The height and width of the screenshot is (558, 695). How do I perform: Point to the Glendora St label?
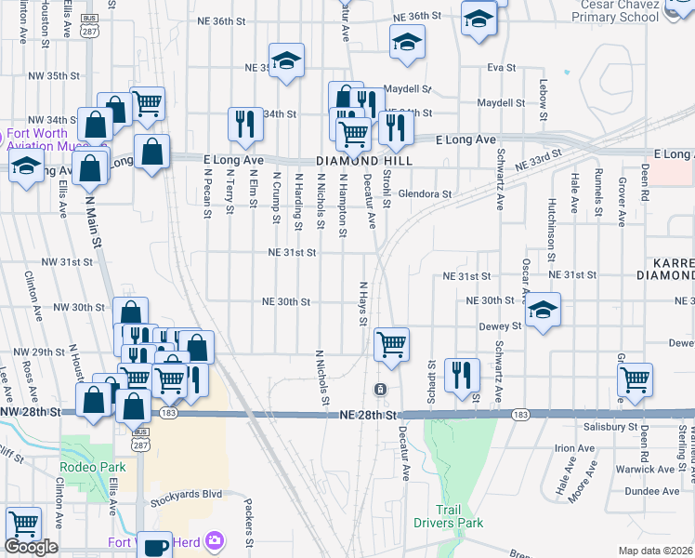(425, 194)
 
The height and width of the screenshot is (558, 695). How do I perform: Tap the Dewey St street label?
(502, 326)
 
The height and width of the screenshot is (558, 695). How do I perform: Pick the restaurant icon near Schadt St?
(462, 374)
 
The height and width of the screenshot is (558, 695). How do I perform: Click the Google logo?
(31, 547)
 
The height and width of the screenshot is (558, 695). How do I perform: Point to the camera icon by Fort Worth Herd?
(216, 540)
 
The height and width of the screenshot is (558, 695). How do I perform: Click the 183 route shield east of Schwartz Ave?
(520, 413)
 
